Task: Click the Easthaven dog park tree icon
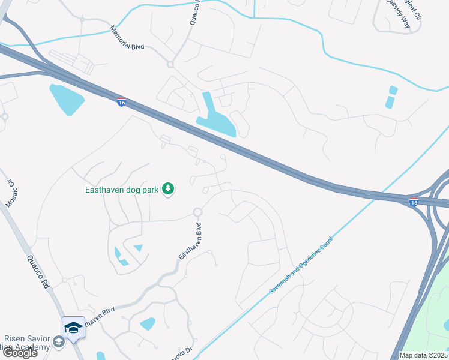[x=169, y=190]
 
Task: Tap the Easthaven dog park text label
[x=121, y=190]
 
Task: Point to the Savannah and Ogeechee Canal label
[x=301, y=265]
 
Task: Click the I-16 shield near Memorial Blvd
[x=121, y=103]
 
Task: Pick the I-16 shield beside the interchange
[x=414, y=202]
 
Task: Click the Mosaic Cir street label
[x=9, y=193]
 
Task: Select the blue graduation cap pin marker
[x=73, y=328]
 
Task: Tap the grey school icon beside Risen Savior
[x=59, y=342]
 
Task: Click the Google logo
[x=19, y=353]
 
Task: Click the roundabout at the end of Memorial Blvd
[x=170, y=64]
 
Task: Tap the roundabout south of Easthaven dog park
[x=197, y=212]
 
